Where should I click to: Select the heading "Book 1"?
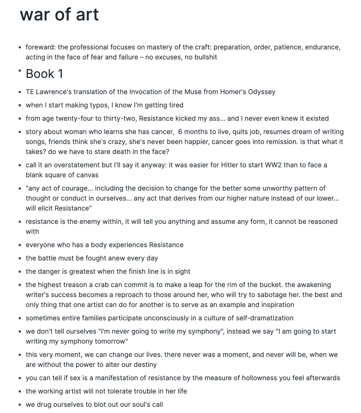(44, 74)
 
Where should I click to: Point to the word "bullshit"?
(205, 57)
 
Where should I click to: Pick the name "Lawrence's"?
(54, 92)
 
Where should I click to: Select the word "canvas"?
(86, 175)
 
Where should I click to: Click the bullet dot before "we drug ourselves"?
(20, 405)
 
